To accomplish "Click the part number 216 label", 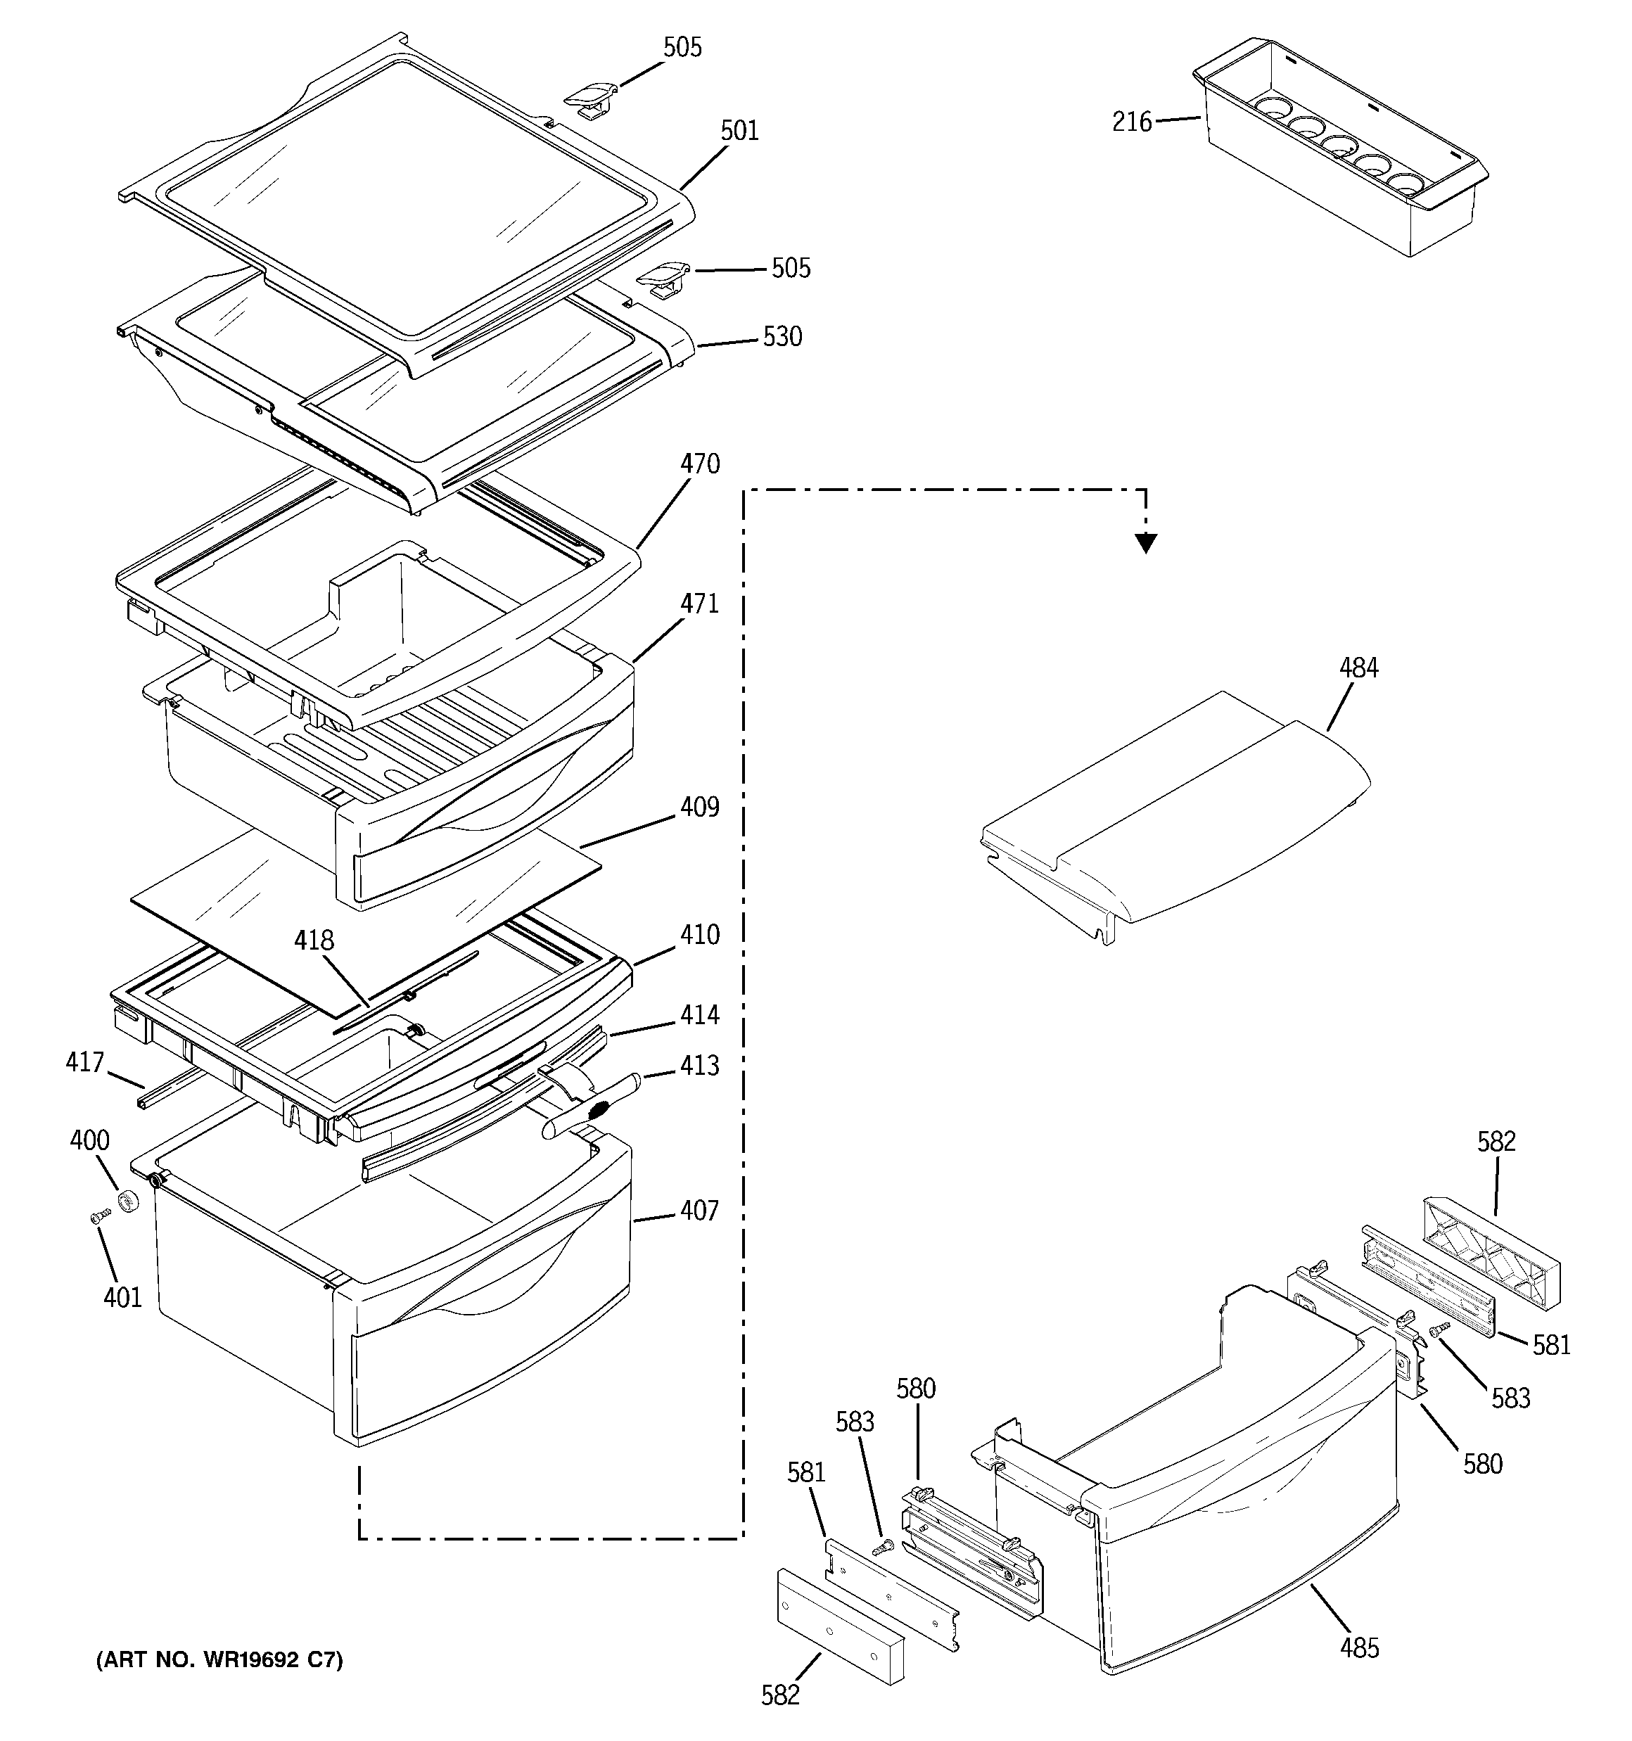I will pyautogui.click(x=1131, y=122).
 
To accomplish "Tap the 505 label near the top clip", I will pyautogui.click(x=682, y=47).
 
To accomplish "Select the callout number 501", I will pyautogui.click(x=739, y=132).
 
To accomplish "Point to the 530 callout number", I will pyautogui.click(x=782, y=337).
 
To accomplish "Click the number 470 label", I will pyautogui.click(x=699, y=464).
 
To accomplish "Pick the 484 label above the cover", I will pyautogui.click(x=1358, y=668).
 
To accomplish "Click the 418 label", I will pyautogui.click(x=314, y=940).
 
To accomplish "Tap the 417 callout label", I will pyautogui.click(x=84, y=1063).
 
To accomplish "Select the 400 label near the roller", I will pyautogui.click(x=89, y=1140).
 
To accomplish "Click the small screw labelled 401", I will pyautogui.click(x=100, y=1216).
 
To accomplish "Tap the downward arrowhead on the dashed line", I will pyautogui.click(x=1145, y=544).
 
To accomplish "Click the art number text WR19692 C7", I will pyautogui.click(x=219, y=1659).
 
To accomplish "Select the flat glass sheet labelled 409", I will pyautogui.click(x=368, y=919).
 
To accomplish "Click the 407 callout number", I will pyautogui.click(x=699, y=1211).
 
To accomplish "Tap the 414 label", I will pyautogui.click(x=699, y=1015).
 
